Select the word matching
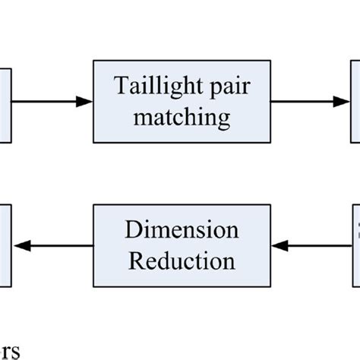[182, 118]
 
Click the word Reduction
[182, 261]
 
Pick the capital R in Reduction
[135, 261]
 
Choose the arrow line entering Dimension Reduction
[319, 245]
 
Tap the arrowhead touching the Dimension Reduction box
[278, 245]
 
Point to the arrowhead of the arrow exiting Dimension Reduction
[22, 245]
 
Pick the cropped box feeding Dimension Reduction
[355, 245]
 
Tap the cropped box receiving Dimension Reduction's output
[5, 245]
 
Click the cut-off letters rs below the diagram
[9, 352]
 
